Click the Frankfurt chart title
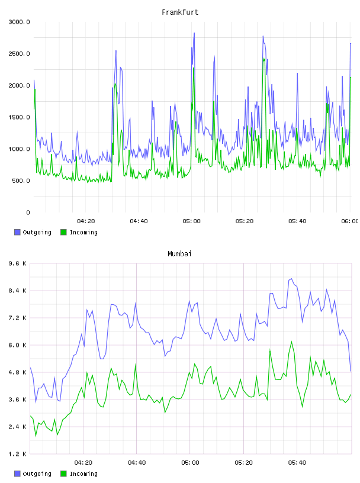[180, 12]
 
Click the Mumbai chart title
[179, 254]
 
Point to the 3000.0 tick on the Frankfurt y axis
[19, 22]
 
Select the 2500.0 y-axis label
[19, 54]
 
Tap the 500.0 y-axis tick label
[21, 181]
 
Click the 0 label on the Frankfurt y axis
[28, 212]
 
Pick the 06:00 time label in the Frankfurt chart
[350, 221]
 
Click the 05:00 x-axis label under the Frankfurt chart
[191, 221]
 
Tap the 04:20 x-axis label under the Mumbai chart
[83, 463]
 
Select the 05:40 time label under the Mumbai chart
[297, 463]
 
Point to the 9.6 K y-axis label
[18, 263]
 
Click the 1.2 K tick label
[18, 454]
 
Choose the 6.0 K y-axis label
[18, 345]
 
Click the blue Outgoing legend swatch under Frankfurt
[17, 232]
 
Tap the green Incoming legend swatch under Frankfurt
[63, 232]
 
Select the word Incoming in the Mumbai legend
[83, 474]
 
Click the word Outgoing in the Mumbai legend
[37, 474]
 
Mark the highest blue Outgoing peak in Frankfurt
[194, 33]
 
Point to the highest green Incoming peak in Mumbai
[291, 342]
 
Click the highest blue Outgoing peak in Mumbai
[291, 279]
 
